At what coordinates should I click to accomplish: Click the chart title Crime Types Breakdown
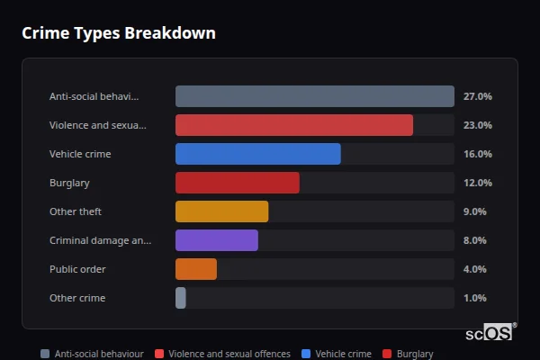118,33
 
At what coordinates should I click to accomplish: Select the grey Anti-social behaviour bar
314,96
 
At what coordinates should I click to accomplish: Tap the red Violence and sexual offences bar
293,125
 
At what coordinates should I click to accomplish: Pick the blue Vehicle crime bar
257,154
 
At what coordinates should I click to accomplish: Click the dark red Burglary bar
237,183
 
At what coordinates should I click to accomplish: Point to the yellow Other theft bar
221,211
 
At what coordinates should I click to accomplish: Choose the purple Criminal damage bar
216,240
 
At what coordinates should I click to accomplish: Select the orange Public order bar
195,269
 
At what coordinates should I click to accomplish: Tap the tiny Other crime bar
181,298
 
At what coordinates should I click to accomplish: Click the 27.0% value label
477,96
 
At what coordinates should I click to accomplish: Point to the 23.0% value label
477,125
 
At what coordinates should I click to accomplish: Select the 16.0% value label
477,154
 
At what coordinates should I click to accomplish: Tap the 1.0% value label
474,298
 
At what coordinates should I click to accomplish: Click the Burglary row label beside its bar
69,183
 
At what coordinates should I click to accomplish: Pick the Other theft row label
75,211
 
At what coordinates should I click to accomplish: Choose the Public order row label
77,269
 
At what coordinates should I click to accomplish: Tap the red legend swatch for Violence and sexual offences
158,354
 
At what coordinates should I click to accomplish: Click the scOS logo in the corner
490,332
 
